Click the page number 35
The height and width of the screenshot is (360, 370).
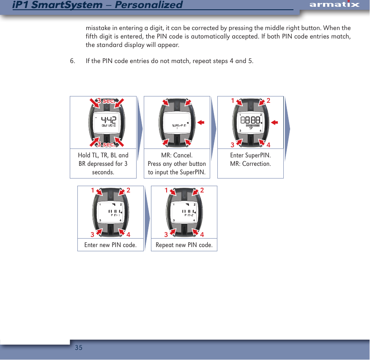(x=78, y=348)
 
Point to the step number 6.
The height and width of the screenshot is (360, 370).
(x=72, y=61)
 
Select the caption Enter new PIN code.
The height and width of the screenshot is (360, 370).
(x=110, y=245)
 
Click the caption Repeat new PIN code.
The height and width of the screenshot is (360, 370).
(x=184, y=245)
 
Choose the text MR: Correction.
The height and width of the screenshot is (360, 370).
(x=250, y=164)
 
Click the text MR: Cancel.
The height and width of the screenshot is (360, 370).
(x=177, y=155)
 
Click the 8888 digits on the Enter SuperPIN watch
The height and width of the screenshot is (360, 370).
(x=250, y=120)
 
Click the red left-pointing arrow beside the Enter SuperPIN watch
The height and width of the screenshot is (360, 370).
(x=274, y=122)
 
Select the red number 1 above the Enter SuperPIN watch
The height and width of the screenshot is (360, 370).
(x=232, y=101)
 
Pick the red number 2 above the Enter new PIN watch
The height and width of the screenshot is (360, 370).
(x=128, y=190)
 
